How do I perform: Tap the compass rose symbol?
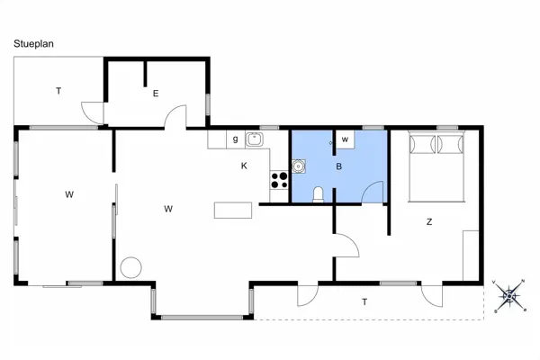[510, 294]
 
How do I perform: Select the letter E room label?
[155, 93]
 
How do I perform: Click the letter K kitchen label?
[243, 166]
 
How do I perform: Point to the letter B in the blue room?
[338, 166]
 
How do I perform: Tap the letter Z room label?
[429, 221]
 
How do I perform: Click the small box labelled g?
[235, 139]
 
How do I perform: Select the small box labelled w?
[345, 139]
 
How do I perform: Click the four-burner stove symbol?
[279, 179]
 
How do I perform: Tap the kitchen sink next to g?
[255, 139]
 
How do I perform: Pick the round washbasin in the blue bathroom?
[299, 166]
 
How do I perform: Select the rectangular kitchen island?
[230, 210]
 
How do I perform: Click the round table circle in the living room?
[131, 267]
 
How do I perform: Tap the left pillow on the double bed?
[422, 145]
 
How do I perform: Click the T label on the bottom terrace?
[364, 301]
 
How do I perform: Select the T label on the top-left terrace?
[58, 91]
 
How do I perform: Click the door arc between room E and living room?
[176, 115]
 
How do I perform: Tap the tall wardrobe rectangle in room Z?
[470, 255]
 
